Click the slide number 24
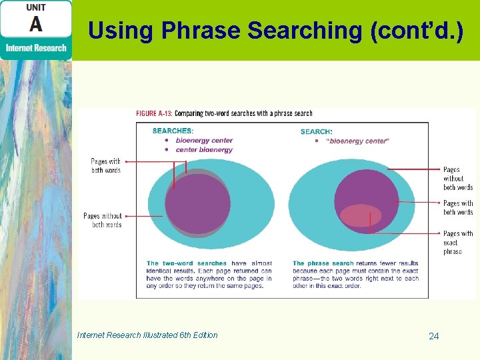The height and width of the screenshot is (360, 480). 433,336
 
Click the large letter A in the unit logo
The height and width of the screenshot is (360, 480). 36,24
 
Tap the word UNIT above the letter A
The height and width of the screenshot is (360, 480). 36,7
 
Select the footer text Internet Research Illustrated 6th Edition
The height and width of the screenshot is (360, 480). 147,335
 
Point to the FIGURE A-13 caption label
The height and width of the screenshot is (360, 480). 154,114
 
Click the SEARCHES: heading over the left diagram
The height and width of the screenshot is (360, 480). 173,131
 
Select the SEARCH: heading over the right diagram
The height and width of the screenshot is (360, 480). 316,131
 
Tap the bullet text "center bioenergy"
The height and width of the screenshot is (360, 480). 204,150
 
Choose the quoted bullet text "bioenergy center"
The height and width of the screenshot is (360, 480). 359,141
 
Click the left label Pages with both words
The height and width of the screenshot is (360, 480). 105,166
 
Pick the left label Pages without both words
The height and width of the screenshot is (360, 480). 103,220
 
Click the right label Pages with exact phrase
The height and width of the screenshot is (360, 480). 457,243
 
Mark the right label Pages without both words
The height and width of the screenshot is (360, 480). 457,179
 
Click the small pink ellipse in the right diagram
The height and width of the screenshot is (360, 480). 361,215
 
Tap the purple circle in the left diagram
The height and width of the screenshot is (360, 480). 198,203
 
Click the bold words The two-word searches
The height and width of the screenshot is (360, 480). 186,263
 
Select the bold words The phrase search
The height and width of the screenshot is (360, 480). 323,263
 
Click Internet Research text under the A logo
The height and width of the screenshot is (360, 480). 36,48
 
